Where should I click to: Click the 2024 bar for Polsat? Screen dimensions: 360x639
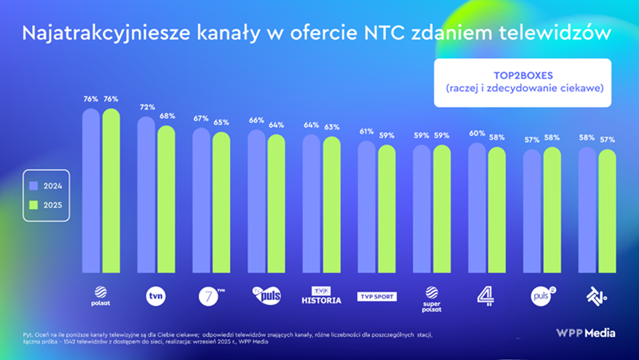click(91, 192)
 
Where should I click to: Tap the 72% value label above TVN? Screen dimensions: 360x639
click(146, 107)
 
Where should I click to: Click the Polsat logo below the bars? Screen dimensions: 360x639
click(101, 297)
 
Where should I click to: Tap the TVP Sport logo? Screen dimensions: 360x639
click(376, 297)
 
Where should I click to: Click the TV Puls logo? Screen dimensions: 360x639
click(266, 296)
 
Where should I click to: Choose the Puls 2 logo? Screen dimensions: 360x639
click(542, 296)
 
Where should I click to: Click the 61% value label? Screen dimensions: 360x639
click(367, 132)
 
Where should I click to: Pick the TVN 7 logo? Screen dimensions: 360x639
click(212, 296)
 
